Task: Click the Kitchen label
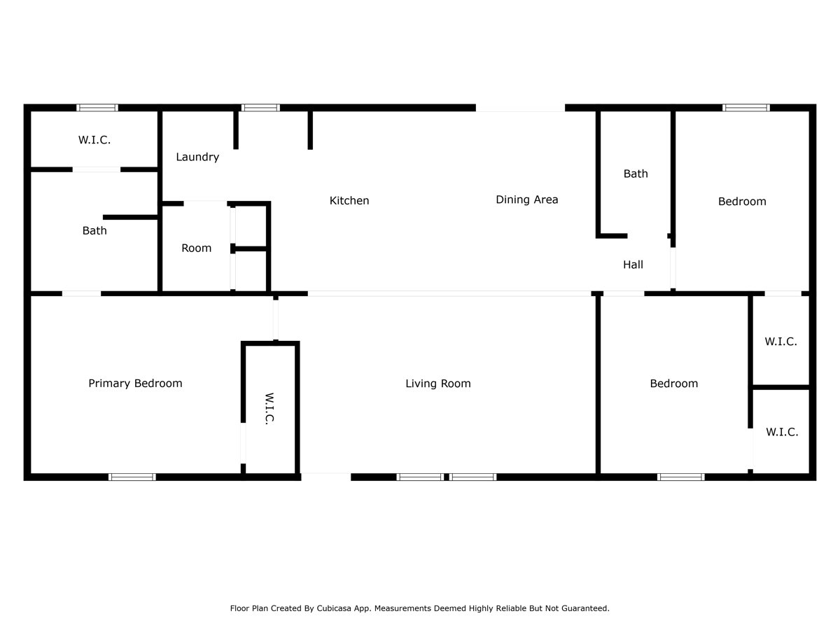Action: tap(349, 200)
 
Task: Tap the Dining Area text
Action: tap(526, 199)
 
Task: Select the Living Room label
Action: tap(437, 384)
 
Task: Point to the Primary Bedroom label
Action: tap(135, 384)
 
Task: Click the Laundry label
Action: tap(197, 157)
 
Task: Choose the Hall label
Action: tap(633, 265)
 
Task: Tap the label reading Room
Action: tap(196, 248)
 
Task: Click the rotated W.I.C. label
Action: tap(269, 409)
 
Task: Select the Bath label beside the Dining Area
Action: tap(636, 174)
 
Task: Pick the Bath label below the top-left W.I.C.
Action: tap(94, 230)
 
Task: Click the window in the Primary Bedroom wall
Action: tap(132, 477)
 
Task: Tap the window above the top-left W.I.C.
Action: tap(97, 108)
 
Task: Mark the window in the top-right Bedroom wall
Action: tap(746, 108)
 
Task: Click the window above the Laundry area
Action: tap(260, 108)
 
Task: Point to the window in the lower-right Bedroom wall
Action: tap(681, 477)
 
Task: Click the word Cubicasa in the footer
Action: tap(334, 608)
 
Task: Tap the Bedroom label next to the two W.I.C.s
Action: tap(673, 384)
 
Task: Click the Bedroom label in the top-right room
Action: tap(742, 201)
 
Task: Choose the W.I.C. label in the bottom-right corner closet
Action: tap(782, 432)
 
